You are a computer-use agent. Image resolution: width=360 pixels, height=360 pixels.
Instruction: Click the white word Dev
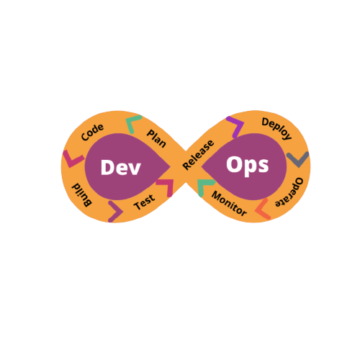tap(121, 167)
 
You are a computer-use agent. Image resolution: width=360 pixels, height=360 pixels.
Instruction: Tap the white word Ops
tap(248, 166)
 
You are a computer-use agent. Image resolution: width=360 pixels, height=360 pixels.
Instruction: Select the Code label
tap(92, 132)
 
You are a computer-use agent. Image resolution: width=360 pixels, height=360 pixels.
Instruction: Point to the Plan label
tap(156, 138)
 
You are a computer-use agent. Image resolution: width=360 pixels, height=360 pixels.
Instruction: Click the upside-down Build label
tap(82, 195)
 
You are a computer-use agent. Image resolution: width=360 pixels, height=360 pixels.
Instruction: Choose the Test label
tap(144, 202)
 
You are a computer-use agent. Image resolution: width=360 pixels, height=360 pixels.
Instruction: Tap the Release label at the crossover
tap(198, 155)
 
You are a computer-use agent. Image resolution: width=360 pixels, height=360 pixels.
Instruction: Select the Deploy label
tap(276, 129)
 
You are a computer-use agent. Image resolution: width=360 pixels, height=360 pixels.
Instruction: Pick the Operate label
tap(289, 192)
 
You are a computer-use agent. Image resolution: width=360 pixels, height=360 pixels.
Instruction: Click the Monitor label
tap(229, 204)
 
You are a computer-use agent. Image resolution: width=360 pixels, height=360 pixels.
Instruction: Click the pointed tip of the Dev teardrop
tap(171, 166)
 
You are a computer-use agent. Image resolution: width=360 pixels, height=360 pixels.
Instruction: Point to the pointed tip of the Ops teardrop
tap(202, 166)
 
